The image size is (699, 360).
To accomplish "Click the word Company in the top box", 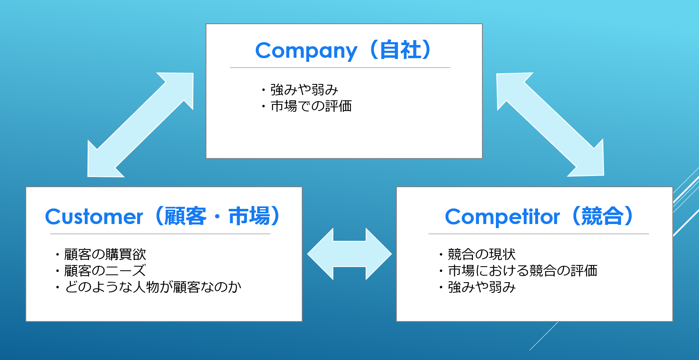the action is point(306,51).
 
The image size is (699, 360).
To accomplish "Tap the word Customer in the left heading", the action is point(94,217).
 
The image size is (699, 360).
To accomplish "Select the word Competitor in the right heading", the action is point(502,217).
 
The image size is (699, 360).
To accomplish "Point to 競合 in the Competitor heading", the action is point(602,216).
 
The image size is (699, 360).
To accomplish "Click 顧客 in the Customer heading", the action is point(185,216).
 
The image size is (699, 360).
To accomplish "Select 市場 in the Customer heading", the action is point(249,216).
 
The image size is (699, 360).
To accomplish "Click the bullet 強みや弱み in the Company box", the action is point(304,90).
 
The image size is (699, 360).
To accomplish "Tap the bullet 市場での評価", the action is point(311,106).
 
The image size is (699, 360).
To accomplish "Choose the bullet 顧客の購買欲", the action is point(105,254).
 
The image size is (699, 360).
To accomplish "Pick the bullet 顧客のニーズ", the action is point(105,271).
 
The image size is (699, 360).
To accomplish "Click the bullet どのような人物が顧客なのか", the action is point(153,287).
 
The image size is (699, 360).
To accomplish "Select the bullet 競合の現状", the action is point(482,254).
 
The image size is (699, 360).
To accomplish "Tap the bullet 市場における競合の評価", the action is point(523,271).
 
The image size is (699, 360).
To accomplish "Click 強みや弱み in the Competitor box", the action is point(482,287).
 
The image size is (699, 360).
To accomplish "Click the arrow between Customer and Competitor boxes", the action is point(350,254).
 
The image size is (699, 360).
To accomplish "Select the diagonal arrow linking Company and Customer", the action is point(140,125).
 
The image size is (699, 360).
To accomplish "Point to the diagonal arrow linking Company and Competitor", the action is point(550,125).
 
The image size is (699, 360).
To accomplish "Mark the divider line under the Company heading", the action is point(340,68).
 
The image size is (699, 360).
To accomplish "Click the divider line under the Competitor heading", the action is point(538,233).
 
